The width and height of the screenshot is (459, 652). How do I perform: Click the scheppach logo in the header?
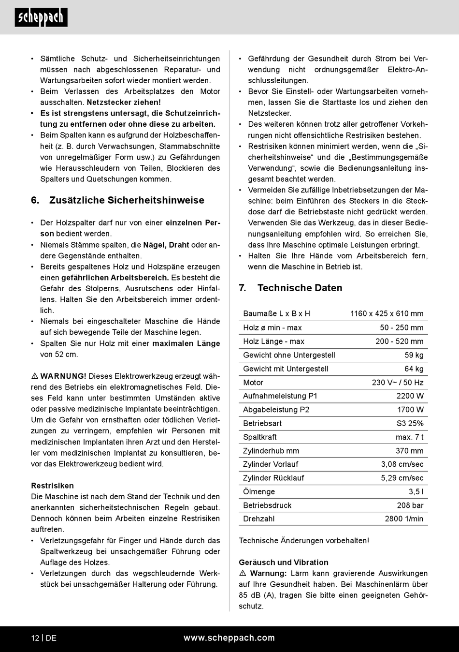coord(41,17)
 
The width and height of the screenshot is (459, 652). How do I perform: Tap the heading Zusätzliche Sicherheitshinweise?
coord(127,200)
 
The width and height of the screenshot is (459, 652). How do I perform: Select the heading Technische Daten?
coord(300,288)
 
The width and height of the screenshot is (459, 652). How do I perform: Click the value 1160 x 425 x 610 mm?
coord(387,313)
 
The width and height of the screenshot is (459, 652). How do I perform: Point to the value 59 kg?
coord(414,355)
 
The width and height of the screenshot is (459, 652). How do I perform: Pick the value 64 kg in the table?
coord(414,369)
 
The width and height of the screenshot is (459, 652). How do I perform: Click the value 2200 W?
coord(410,396)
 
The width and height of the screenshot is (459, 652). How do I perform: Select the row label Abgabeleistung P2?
coord(276,410)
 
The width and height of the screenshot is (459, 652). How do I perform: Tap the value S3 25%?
coord(410,423)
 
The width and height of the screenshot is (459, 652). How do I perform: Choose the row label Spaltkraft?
coord(260,437)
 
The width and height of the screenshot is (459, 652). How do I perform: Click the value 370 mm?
coord(409,451)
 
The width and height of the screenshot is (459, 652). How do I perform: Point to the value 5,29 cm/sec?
coord(402,478)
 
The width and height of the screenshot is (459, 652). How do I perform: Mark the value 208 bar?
coord(410,505)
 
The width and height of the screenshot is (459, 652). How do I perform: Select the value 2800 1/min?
coord(404,519)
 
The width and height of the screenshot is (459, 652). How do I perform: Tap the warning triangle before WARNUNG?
coord(35,376)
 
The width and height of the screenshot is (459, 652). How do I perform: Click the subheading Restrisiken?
coord(52,486)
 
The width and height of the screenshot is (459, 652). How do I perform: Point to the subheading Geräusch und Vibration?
coord(283,563)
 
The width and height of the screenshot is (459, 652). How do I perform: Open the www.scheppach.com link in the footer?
coord(229,638)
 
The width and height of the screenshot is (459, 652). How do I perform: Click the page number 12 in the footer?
coord(35,638)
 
